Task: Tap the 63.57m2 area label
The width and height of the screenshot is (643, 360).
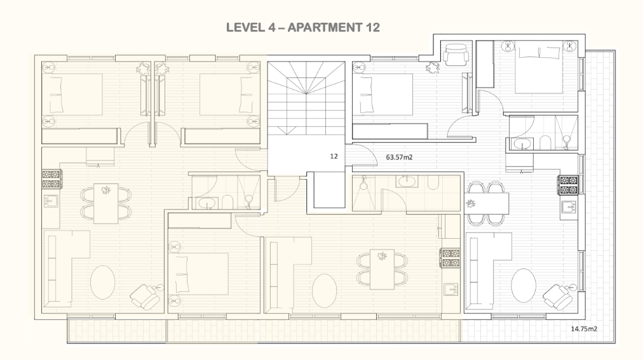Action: tap(399, 157)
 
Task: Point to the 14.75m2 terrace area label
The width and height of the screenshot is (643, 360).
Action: tap(584, 328)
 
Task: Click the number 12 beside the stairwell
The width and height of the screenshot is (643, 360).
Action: tap(334, 156)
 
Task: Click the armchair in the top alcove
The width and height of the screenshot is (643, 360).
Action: tap(456, 55)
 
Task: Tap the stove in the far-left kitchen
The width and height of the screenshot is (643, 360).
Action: tap(51, 178)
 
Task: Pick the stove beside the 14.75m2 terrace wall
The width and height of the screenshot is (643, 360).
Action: tap(569, 185)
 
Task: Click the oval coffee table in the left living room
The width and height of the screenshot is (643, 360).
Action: tap(102, 283)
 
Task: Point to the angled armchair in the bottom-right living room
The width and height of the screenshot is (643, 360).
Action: tap(558, 296)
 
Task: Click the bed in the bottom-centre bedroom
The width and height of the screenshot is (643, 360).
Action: tap(198, 274)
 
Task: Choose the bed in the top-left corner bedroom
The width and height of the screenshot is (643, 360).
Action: tap(72, 94)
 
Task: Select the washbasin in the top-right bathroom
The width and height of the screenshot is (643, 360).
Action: tap(521, 144)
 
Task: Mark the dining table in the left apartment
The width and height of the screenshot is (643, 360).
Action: tap(106, 204)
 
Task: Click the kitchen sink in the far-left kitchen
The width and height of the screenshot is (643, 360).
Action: tap(51, 201)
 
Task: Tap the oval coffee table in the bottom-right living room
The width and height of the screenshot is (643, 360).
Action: tap(524, 286)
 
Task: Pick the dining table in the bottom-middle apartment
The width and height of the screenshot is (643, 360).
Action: tap(382, 269)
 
